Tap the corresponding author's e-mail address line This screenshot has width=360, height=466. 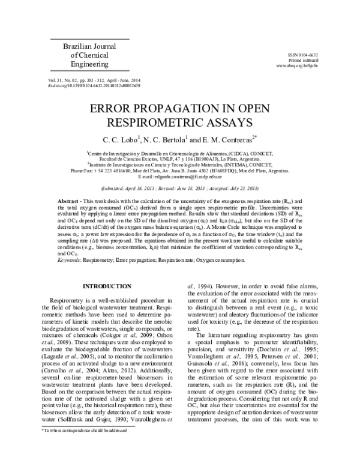point(179,177)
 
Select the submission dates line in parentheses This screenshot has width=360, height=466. point(180,188)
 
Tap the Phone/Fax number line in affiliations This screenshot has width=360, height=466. point(180,171)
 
